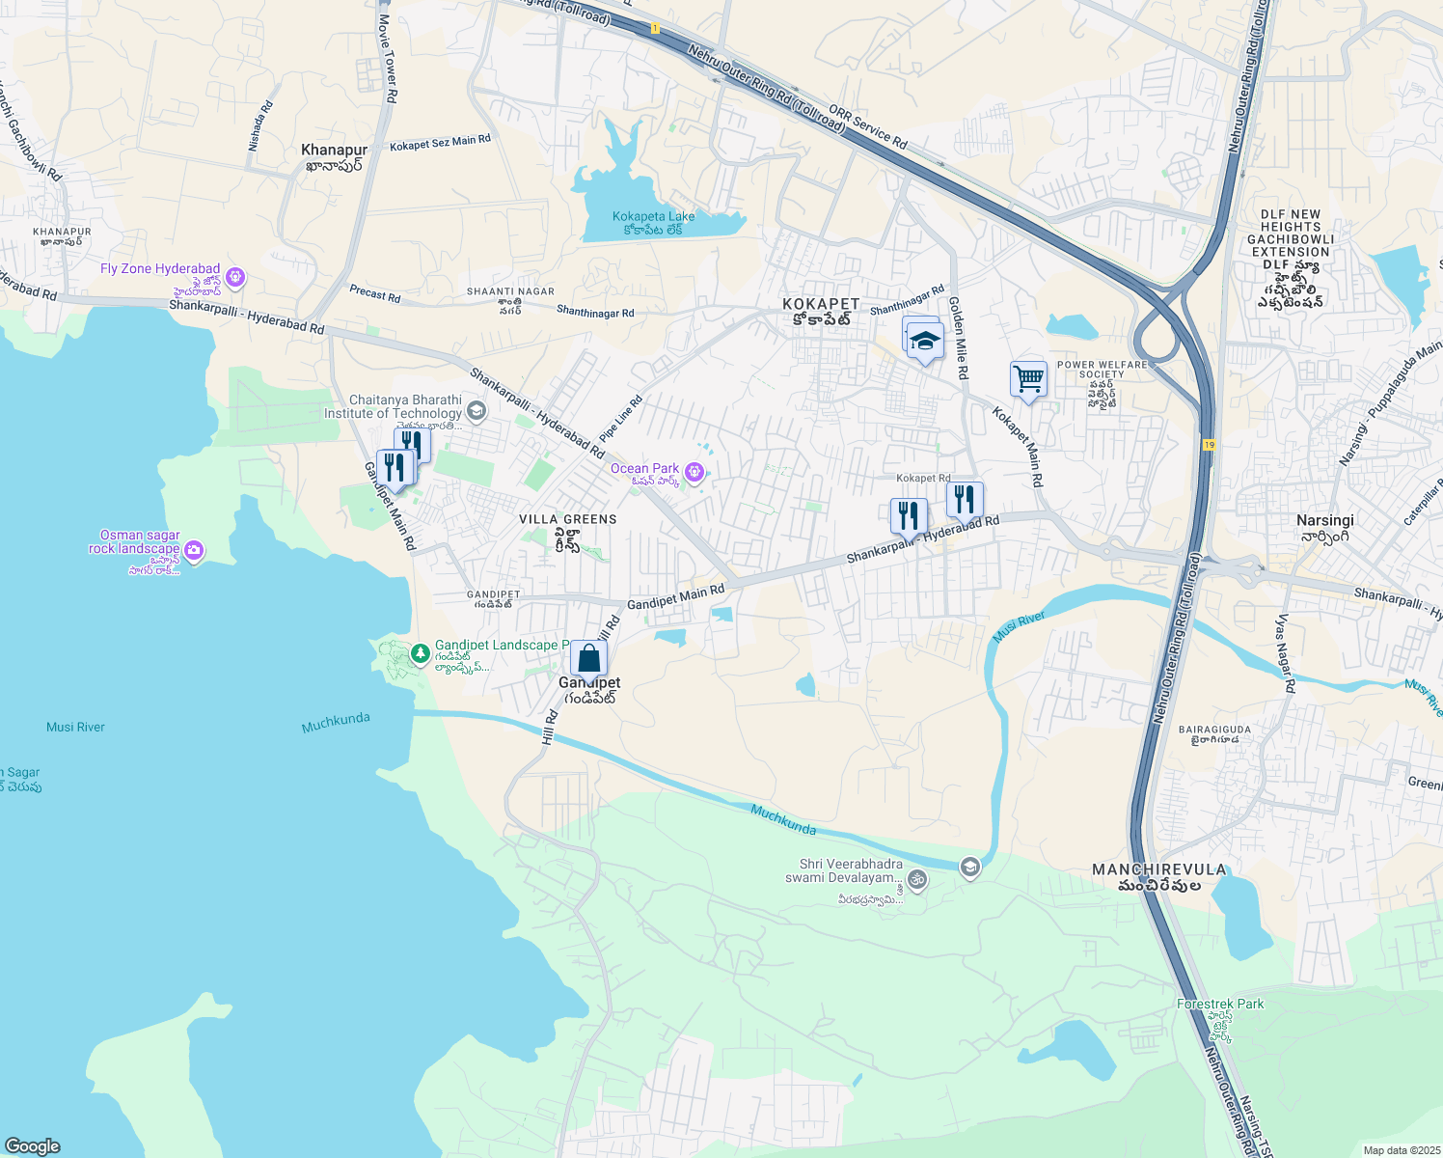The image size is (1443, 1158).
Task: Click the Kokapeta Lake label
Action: (653, 217)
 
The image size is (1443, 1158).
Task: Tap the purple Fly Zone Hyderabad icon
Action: (235, 278)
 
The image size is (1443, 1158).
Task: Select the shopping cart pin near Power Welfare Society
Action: (1028, 379)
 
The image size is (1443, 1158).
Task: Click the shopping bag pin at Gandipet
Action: (588, 660)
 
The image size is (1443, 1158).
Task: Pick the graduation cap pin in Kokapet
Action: (925, 342)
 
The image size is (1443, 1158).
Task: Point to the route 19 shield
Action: (1209, 445)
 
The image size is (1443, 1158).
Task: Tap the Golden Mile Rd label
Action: (958, 337)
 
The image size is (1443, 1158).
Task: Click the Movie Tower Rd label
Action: (387, 58)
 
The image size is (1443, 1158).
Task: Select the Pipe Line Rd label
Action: (620, 420)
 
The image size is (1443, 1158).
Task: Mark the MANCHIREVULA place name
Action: (1158, 869)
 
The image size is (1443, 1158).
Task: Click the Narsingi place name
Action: (1325, 520)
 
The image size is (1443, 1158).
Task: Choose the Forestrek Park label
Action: (1220, 1004)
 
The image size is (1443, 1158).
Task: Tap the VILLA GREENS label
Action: (567, 519)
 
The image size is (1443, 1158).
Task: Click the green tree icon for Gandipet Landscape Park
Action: (420, 654)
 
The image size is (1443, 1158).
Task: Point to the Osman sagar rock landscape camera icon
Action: (194, 551)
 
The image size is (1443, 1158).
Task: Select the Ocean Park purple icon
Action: (694, 472)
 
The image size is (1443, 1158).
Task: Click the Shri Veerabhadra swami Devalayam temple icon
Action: (917, 879)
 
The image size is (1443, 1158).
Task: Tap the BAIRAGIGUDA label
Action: (1214, 730)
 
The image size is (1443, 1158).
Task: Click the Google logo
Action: (32, 1146)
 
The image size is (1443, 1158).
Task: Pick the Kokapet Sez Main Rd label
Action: (440, 143)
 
